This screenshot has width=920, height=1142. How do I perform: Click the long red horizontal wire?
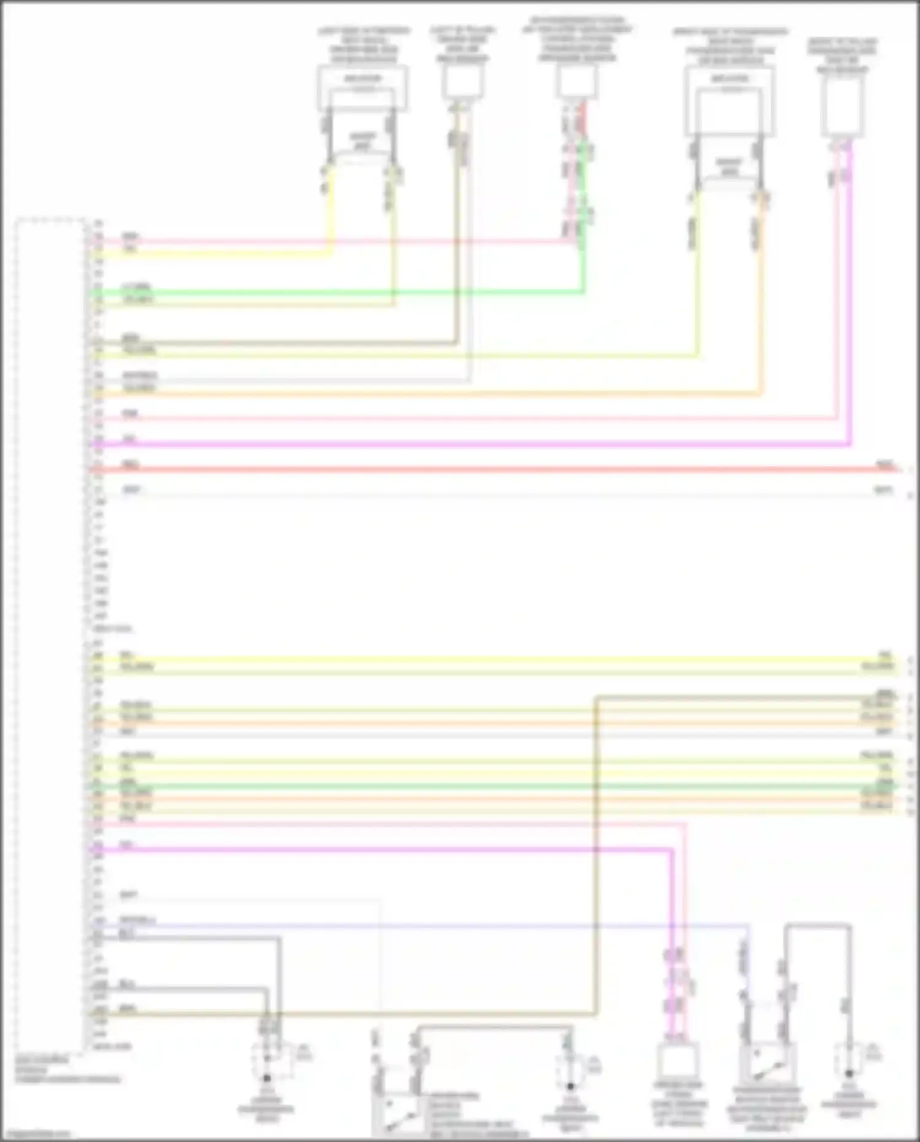point(491,469)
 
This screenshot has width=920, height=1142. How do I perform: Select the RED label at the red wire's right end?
point(884,465)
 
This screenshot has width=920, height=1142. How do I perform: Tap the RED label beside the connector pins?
point(130,465)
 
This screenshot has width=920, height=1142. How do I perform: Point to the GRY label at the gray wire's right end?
point(883,490)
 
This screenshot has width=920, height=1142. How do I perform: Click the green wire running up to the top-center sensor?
point(582,258)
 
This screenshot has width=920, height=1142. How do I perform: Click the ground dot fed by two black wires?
point(267,1078)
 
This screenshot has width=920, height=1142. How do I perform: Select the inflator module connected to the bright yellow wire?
point(363,88)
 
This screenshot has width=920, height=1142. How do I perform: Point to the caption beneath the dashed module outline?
point(68,1069)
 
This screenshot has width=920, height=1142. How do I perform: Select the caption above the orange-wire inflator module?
point(730,46)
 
